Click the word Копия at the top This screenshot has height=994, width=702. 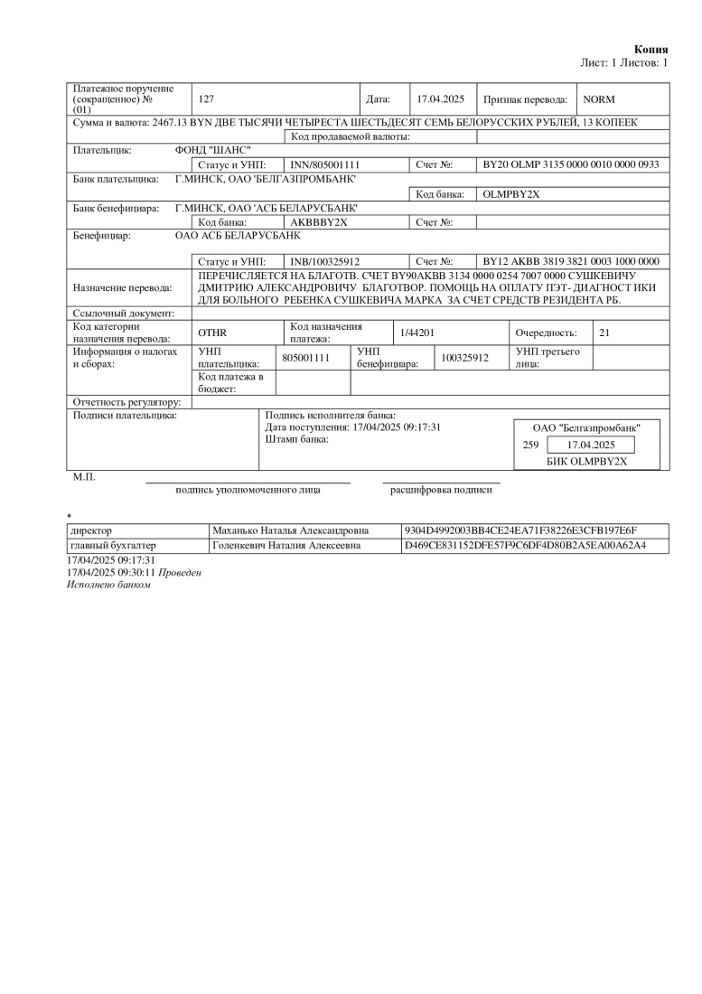[651, 49]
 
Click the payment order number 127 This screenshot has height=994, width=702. [205, 98]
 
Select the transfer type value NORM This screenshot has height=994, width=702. [599, 98]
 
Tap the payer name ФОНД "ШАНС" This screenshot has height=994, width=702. [213, 150]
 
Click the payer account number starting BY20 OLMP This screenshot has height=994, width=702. [571, 165]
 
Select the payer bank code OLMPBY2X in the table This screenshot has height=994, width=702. [511, 194]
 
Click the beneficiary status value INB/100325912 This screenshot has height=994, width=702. [325, 261]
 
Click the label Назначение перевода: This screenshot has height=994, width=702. [122, 288]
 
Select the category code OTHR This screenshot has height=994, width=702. [212, 333]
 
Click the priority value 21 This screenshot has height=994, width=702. [604, 333]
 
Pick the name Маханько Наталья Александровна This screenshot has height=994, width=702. [285, 530]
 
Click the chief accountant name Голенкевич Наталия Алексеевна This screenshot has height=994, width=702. [286, 546]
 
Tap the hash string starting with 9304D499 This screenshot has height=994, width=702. [522, 530]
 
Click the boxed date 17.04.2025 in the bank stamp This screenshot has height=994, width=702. [591, 445]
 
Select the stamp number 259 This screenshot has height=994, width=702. [531, 445]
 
